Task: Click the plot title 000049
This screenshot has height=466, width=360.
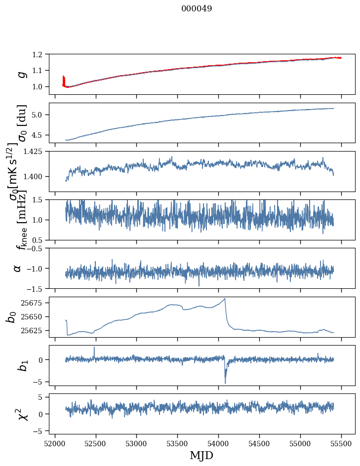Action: pos(197,9)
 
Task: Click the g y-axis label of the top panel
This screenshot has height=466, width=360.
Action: pos(20,74)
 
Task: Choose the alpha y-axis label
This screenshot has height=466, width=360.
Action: pos(18,268)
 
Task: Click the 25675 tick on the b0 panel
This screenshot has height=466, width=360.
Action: pos(34,303)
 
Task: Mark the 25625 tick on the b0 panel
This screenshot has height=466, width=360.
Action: pos(34,330)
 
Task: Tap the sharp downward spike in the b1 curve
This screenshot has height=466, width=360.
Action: pos(225,383)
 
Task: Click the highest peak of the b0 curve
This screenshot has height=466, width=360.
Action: pos(225,299)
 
